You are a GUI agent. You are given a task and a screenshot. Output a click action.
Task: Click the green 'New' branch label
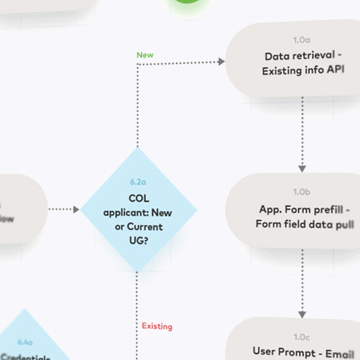(x=145, y=55)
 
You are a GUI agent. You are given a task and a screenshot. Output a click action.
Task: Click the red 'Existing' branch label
(x=157, y=326)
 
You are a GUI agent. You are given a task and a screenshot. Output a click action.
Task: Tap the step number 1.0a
(x=301, y=40)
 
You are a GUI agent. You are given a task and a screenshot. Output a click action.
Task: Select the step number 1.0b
(x=302, y=192)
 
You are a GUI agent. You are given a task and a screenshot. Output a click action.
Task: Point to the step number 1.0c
(x=301, y=337)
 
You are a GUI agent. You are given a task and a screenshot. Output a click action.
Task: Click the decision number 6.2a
(x=138, y=182)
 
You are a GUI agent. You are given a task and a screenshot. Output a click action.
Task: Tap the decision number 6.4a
(x=25, y=342)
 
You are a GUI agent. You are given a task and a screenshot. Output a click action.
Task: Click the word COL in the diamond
(x=138, y=199)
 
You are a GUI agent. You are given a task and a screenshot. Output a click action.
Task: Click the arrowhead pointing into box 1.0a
(x=222, y=62)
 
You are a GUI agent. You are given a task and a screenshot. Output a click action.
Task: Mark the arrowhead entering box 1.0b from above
(x=302, y=169)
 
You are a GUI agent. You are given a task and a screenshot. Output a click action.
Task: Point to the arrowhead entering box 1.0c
(x=302, y=314)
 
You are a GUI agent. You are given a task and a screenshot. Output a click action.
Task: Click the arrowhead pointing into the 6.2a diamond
(x=76, y=209)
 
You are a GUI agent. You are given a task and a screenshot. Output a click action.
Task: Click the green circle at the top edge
(x=187, y=3)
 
